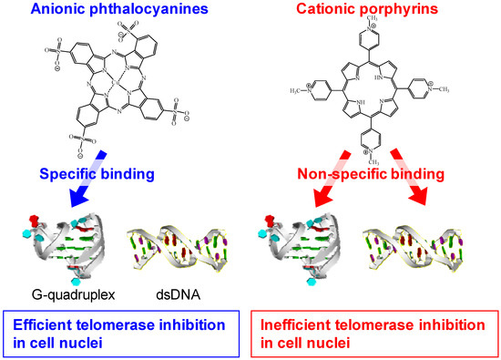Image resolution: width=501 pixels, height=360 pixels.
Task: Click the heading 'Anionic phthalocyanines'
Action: [x=121, y=12]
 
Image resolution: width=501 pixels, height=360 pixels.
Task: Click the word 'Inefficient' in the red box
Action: [x=291, y=321]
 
